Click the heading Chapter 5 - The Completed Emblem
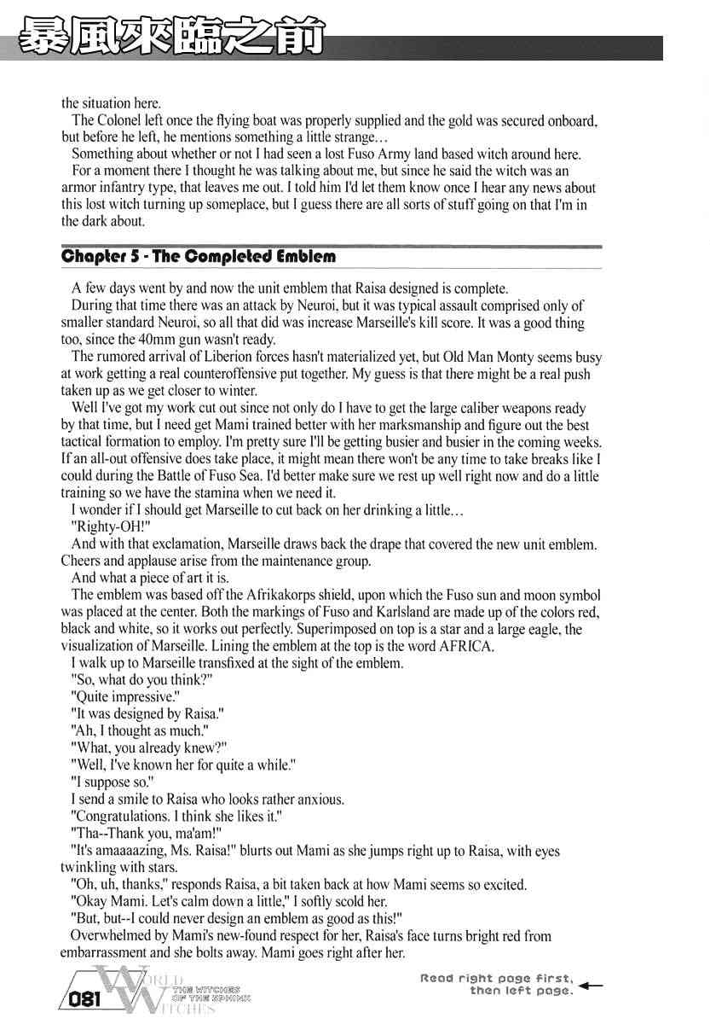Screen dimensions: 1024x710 [199, 256]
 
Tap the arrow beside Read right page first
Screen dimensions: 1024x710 [590, 985]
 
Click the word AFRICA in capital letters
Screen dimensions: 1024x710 [465, 646]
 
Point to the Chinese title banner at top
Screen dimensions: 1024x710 [170, 38]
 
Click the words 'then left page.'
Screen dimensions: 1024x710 [521, 991]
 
